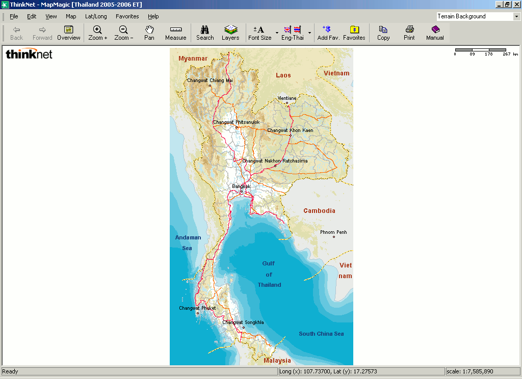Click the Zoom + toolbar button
point(97,33)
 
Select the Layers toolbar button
point(230,33)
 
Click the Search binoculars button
point(205,33)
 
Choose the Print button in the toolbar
point(409,33)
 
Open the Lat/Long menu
point(96,16)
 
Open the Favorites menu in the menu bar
point(127,16)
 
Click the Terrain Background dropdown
point(478,16)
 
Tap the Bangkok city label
point(241,186)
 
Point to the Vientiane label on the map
point(287,98)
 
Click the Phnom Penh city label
point(333,232)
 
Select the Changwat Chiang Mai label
point(210,80)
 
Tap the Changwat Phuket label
point(197,308)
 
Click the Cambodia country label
point(319,211)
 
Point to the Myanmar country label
point(193,59)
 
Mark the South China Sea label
point(321,334)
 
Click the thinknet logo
point(29,54)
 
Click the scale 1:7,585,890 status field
point(482,371)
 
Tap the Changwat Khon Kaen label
point(290,130)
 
